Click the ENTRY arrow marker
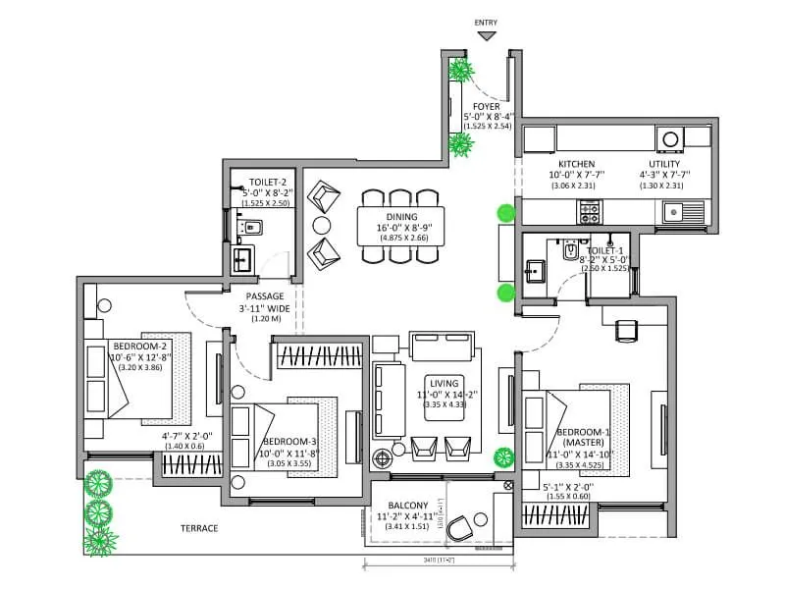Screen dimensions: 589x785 486,36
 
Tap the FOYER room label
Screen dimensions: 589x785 487,106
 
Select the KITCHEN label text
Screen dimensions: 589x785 577,164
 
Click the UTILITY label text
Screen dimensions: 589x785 664,164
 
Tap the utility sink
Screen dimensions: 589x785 672,209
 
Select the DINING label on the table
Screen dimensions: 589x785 400,217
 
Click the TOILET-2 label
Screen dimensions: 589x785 267,183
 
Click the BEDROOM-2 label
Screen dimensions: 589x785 140,347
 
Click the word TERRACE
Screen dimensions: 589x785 199,528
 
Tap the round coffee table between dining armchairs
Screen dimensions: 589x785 321,225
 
